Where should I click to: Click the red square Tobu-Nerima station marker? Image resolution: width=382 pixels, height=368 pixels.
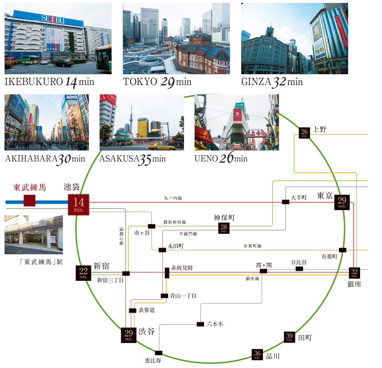pyautogui.click(x=29, y=201)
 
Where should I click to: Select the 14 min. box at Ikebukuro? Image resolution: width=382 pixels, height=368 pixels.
pyautogui.click(x=78, y=204)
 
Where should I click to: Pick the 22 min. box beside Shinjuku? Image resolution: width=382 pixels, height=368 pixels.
pyautogui.click(x=83, y=273)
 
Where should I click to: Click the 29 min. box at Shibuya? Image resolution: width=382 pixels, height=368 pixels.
pyautogui.click(x=128, y=335)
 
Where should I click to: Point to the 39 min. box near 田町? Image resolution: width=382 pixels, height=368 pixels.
pyautogui.click(x=289, y=337)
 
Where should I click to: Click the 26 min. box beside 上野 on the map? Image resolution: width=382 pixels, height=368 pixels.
pyautogui.click(x=305, y=133)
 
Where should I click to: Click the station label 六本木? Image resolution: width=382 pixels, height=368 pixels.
pyautogui.click(x=215, y=324)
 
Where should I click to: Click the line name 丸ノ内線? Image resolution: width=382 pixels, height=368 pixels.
pyautogui.click(x=173, y=198)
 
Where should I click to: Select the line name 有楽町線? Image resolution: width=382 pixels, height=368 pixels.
pyautogui.click(x=253, y=246)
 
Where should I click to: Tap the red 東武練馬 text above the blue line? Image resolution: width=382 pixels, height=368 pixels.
pyautogui.click(x=29, y=187)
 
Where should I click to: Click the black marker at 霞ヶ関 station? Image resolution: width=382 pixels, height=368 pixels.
pyautogui.click(x=263, y=272)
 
